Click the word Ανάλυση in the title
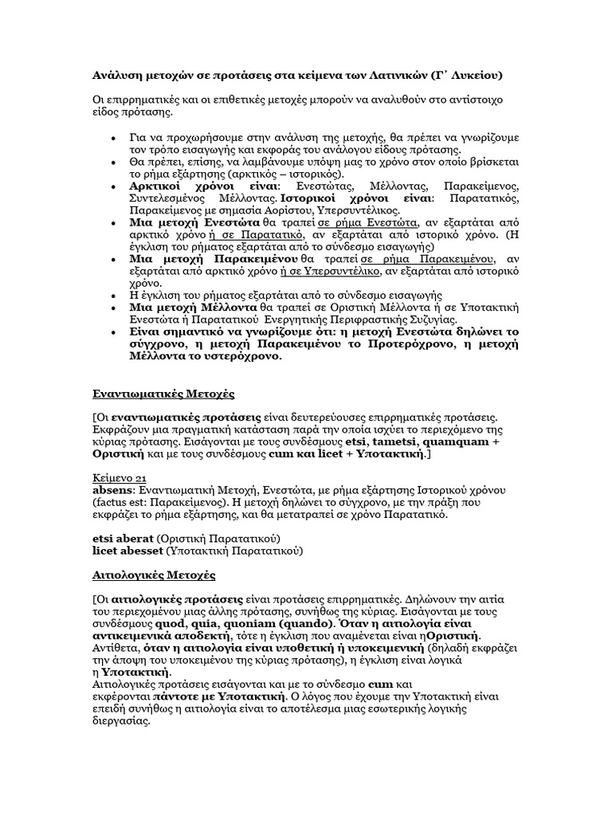click(112, 76)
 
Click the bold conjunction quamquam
click(451, 441)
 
